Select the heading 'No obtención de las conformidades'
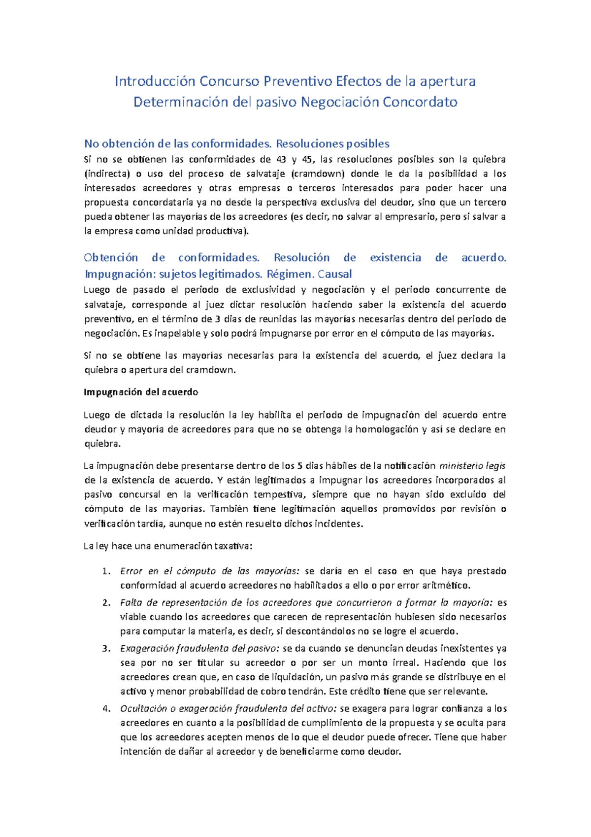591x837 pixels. click(x=178, y=144)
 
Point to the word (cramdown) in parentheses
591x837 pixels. click(x=317, y=174)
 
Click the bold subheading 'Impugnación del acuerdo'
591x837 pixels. click(x=141, y=392)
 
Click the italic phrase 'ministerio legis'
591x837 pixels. click(x=472, y=466)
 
